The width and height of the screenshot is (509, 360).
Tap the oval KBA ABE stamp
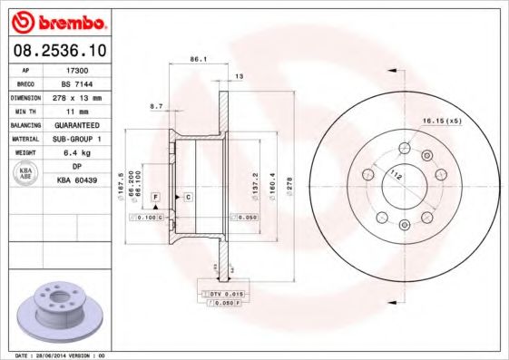pyautogui.click(x=26, y=173)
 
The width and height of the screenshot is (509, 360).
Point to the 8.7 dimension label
pyautogui.click(x=156, y=106)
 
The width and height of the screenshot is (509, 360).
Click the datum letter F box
pyautogui.click(x=156, y=197)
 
